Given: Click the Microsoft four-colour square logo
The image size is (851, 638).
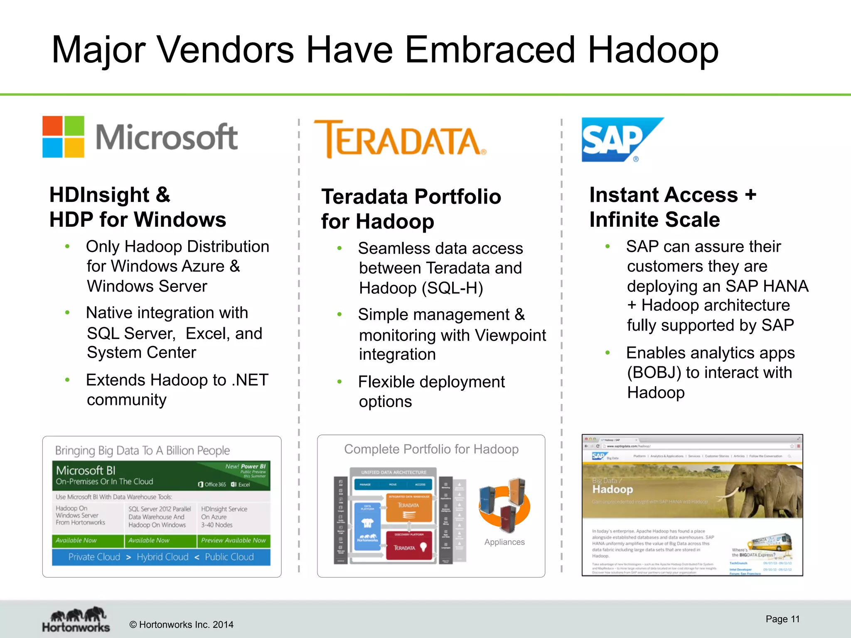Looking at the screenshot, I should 63,137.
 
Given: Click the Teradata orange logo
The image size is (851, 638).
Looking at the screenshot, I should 400,139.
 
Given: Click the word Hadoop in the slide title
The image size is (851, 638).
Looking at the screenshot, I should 653,50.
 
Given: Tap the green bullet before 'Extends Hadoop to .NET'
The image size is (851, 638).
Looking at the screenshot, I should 67,380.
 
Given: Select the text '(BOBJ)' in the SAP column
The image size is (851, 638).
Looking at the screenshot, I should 654,373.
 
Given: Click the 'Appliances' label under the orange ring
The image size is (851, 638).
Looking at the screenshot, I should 504,542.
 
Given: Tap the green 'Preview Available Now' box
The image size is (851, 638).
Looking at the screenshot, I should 233,540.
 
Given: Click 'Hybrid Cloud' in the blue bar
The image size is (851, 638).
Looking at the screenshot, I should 162,557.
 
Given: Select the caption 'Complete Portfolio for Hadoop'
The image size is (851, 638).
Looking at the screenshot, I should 431,449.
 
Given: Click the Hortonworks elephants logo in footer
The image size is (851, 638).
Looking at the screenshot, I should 76,619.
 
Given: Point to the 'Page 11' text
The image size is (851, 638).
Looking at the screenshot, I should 782,619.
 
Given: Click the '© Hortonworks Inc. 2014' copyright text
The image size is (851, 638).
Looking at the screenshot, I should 181,625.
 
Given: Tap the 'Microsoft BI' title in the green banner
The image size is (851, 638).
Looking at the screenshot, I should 86,470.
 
